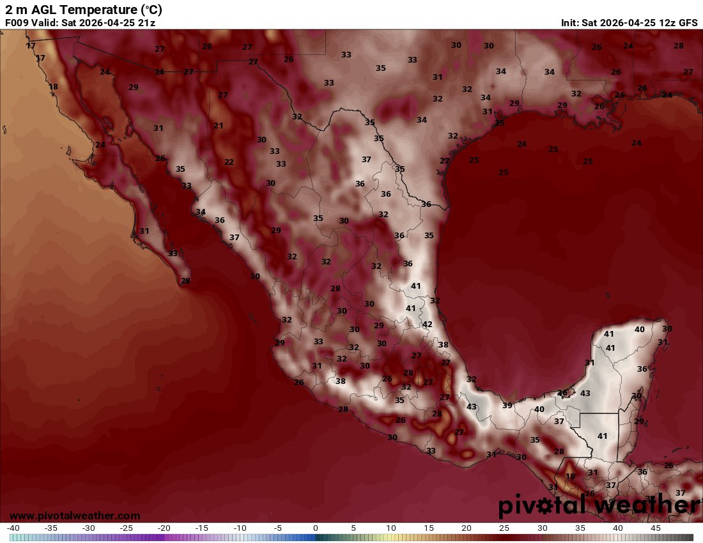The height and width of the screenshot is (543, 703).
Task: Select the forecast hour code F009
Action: pyautogui.click(x=17, y=23)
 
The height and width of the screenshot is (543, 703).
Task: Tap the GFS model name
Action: pyautogui.click(x=688, y=23)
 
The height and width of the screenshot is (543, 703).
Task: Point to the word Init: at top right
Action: pyautogui.click(x=569, y=23)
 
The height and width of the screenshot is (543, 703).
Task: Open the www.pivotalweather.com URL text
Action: pyautogui.click(x=75, y=516)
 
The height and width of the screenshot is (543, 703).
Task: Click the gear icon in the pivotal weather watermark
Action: pyautogui.click(x=546, y=507)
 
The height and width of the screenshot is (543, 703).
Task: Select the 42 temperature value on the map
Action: pyautogui.click(x=428, y=325)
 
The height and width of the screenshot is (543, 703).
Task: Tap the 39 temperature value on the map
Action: pyautogui.click(x=507, y=406)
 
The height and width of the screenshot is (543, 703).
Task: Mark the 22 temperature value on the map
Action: pyautogui.click(x=229, y=162)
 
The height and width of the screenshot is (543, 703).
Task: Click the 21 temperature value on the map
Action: pyautogui.click(x=219, y=126)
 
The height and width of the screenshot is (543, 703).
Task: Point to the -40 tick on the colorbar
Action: pyautogui.click(x=13, y=528)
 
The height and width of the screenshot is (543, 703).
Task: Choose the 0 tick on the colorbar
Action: pyautogui.click(x=316, y=528)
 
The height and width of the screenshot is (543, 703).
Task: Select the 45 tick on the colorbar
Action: pyautogui.click(x=655, y=528)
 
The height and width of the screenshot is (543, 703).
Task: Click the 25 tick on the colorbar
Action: pyautogui.click(x=504, y=528)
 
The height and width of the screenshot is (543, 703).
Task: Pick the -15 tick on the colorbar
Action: pyautogui.click(x=202, y=528)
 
